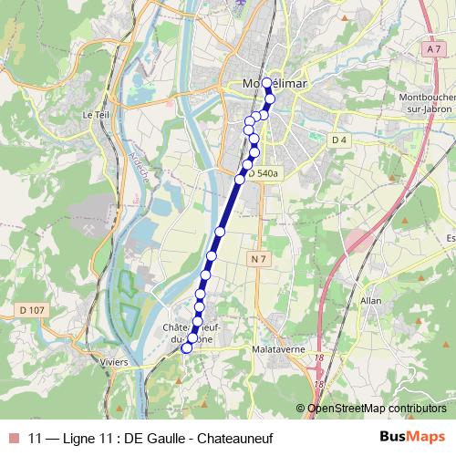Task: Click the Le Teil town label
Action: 95,115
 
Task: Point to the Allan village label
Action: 370,299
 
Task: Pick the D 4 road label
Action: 339,140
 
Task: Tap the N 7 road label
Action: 258,260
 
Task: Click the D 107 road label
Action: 32,311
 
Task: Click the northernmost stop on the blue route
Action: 266,83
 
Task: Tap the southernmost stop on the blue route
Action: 187,347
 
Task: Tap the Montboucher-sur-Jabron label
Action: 427,102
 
